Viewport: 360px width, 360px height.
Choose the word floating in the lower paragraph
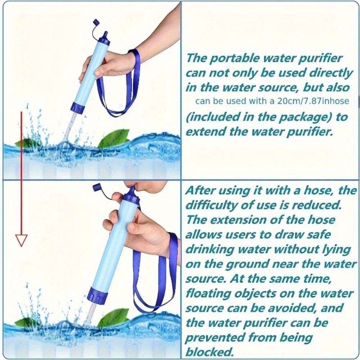click(x=206, y=293)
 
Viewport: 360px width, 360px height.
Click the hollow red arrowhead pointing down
click(x=21, y=239)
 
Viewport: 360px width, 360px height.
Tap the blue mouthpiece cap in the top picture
click(x=104, y=37)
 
